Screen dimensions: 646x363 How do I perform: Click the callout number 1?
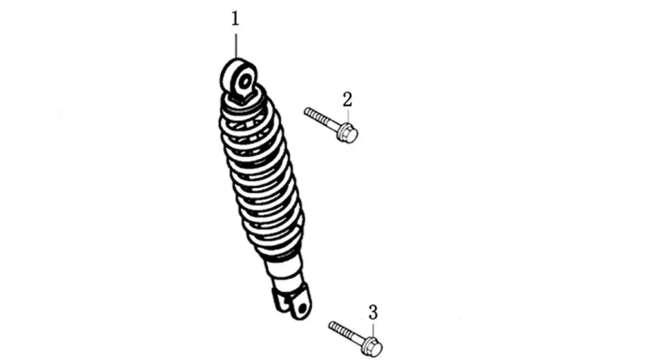[236, 19]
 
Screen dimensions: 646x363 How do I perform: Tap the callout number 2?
[347, 99]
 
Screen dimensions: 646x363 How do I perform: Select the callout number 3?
[373, 312]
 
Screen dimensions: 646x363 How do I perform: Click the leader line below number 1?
[236, 46]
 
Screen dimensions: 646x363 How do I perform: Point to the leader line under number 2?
[348, 117]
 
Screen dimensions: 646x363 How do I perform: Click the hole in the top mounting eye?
[245, 81]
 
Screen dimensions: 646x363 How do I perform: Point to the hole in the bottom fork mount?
[302, 308]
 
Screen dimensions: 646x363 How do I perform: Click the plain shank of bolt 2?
[331, 125]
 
